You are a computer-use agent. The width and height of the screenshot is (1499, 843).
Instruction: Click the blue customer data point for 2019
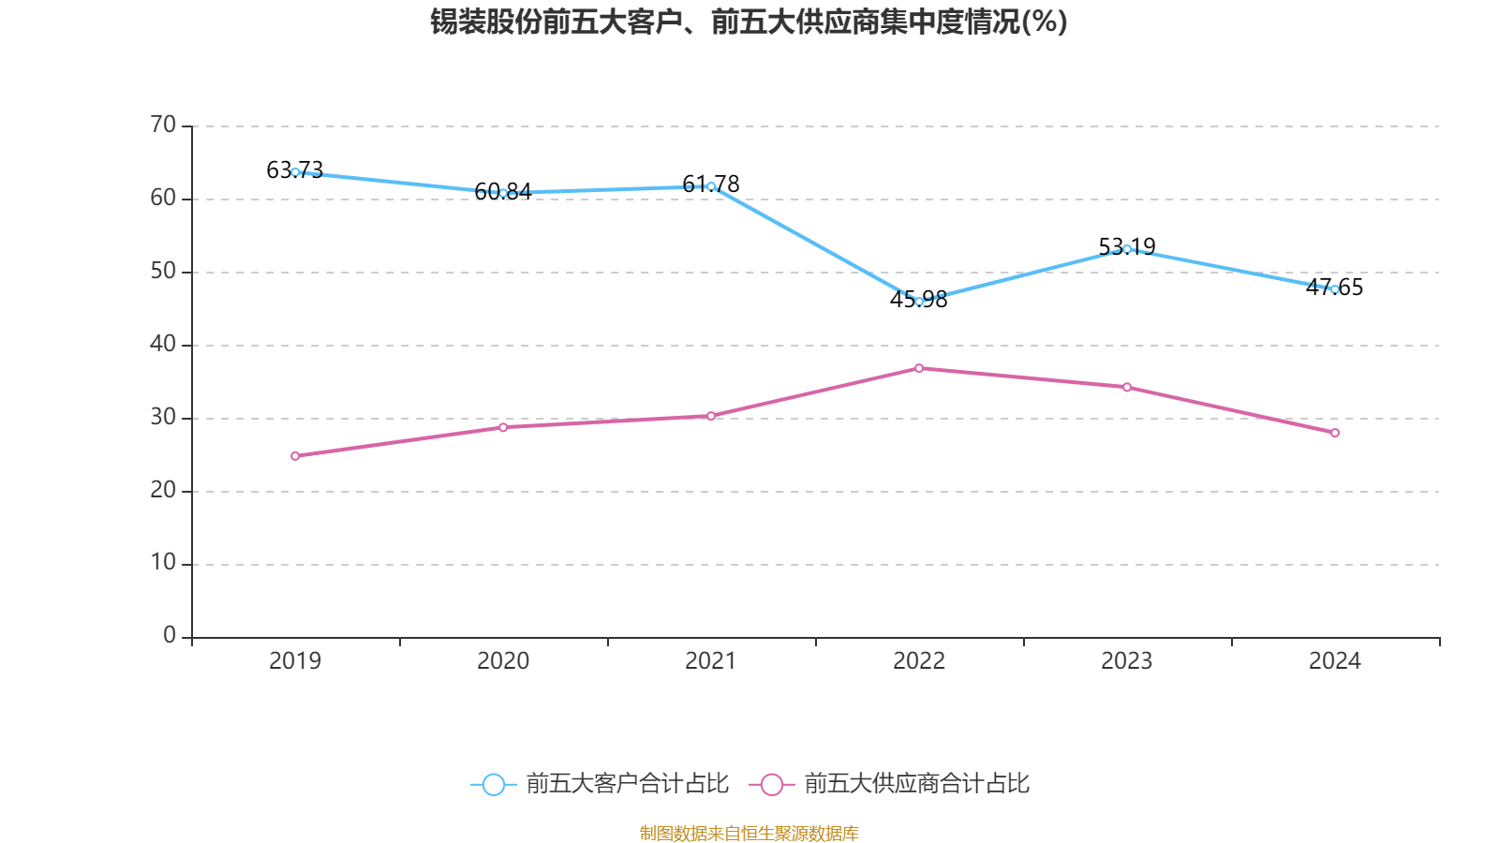(295, 172)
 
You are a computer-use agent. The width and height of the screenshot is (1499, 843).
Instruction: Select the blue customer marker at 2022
(919, 302)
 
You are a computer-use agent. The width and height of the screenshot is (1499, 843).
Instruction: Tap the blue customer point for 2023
(1127, 249)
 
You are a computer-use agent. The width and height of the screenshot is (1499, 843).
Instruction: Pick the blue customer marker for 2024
(1335, 289)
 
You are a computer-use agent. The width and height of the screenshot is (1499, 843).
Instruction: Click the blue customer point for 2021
(711, 187)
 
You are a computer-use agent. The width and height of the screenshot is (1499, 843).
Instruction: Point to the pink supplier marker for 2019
(295, 456)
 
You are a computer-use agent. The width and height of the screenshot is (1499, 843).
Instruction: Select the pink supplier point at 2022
(919, 368)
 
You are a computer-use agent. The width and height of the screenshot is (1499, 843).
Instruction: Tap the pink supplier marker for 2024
(1335, 433)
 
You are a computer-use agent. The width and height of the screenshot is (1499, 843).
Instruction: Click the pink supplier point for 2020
(503, 427)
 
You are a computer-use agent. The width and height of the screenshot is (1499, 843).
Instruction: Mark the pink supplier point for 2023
(1127, 387)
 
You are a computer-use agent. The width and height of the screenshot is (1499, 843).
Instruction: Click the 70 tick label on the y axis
(163, 125)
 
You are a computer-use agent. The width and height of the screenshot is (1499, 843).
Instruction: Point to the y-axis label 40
(163, 344)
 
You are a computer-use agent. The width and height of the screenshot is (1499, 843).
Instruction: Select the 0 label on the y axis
(170, 636)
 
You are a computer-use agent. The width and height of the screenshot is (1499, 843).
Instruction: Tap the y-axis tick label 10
(163, 563)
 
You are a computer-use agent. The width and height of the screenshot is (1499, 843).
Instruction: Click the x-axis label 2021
(711, 661)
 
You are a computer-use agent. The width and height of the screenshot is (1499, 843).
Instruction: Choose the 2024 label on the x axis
(1335, 661)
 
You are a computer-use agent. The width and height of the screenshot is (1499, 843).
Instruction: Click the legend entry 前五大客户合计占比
(626, 784)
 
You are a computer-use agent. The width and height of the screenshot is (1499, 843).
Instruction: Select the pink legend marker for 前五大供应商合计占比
(771, 785)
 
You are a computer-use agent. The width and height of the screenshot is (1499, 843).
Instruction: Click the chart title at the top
(749, 22)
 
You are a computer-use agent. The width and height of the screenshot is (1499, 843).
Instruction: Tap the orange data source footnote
(749, 833)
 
